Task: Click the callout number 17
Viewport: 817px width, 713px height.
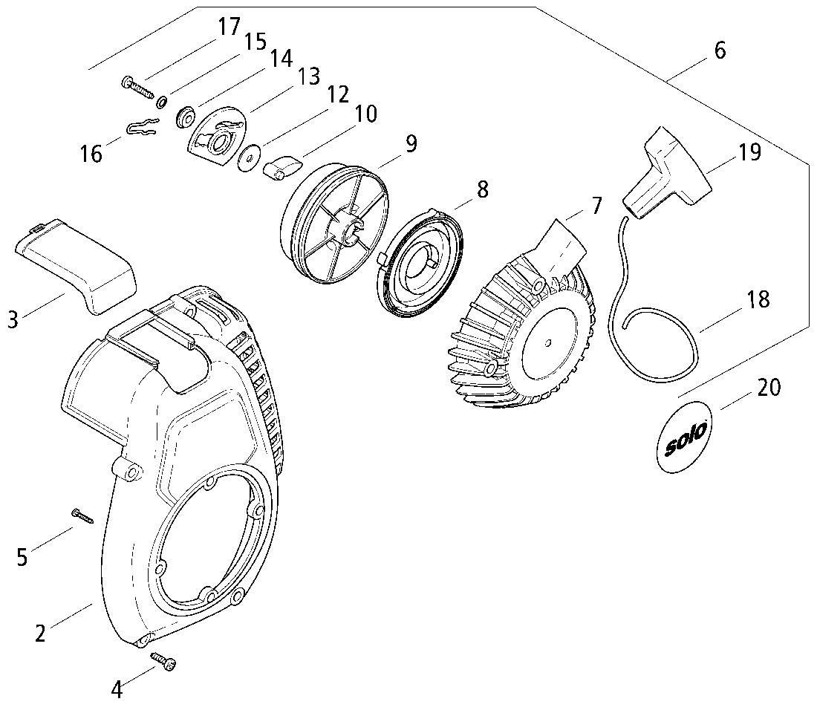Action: coord(229,27)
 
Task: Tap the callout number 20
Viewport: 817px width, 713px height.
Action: coord(769,387)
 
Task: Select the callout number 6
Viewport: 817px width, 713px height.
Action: coord(719,51)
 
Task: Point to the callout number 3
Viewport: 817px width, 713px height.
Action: coord(12,320)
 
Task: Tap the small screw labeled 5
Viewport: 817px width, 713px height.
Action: coord(80,514)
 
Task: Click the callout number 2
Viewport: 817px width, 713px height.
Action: coord(41,633)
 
